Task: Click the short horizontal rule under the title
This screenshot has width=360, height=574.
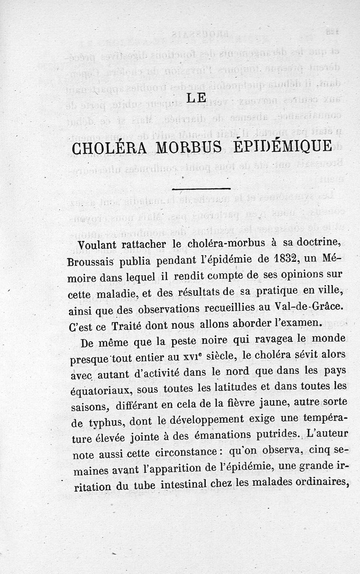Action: (x=201, y=188)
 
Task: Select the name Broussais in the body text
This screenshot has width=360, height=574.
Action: (x=89, y=261)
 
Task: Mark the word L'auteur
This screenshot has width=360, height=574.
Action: (x=323, y=434)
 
